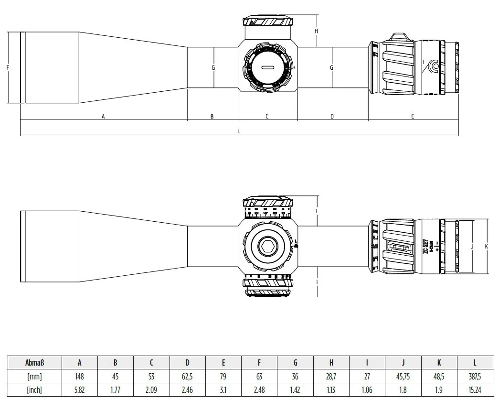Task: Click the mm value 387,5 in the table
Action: [x=475, y=377]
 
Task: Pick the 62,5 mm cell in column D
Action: [x=187, y=377]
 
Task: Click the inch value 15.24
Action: [x=475, y=390]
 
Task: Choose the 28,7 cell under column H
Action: [x=331, y=377]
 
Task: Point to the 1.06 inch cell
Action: [x=367, y=390]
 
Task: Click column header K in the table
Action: [x=439, y=363]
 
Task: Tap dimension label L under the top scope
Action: [x=239, y=131]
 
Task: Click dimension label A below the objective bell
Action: [x=103, y=116]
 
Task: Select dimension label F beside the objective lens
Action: [x=8, y=67]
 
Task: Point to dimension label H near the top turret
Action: [x=317, y=31]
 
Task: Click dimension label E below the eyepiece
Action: [x=413, y=116]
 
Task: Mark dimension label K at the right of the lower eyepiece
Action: [x=486, y=247]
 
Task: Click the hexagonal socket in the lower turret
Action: [x=266, y=247]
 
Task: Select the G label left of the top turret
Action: [x=213, y=67]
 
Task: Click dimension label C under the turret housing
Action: [x=267, y=116]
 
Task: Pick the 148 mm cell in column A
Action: [x=79, y=377]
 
